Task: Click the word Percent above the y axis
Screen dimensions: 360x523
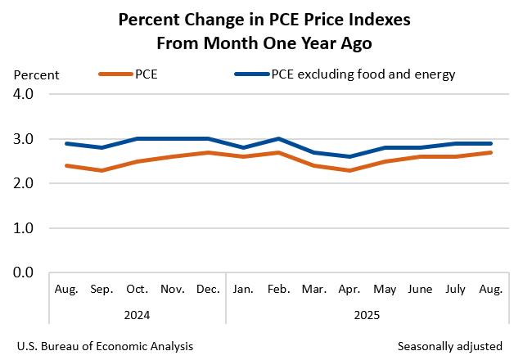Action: point(36,75)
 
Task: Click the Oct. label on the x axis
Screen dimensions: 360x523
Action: point(138,290)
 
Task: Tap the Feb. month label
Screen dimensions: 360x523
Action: point(279,290)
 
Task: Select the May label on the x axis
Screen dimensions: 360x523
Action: point(385,290)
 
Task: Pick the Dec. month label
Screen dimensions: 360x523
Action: point(208,290)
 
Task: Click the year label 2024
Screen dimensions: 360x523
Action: point(137,313)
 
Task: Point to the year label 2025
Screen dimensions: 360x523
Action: point(367,313)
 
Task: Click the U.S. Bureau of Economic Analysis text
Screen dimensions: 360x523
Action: point(105,346)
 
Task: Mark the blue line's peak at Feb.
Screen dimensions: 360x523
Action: point(279,139)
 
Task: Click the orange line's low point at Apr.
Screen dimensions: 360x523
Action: point(349,170)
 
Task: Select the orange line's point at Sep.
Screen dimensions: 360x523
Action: point(101,170)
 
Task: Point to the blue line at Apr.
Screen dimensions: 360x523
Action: point(349,156)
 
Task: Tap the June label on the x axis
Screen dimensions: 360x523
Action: point(421,290)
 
